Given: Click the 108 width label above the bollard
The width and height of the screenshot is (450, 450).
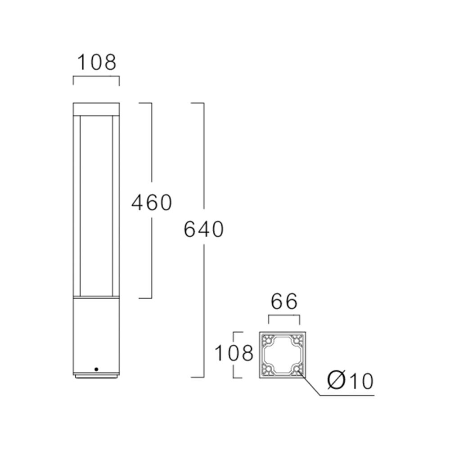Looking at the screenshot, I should pyautogui.click(x=96, y=63).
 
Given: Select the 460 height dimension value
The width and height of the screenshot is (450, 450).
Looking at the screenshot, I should pyautogui.click(x=151, y=203).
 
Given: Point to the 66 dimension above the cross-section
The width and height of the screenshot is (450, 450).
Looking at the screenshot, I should pyautogui.click(x=284, y=302).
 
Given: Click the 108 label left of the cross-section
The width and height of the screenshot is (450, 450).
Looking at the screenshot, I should pyautogui.click(x=233, y=354).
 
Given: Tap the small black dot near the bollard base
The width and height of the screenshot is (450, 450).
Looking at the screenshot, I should pyautogui.click(x=96, y=369).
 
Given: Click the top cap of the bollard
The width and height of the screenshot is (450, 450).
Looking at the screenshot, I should pyautogui.click(x=96, y=108).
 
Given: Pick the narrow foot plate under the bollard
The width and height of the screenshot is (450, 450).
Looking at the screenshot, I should pyautogui.click(x=96, y=375).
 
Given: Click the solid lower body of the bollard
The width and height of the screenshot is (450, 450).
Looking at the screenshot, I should pyautogui.click(x=96, y=333).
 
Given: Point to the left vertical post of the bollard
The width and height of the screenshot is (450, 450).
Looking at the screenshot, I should pyautogui.click(x=76, y=205).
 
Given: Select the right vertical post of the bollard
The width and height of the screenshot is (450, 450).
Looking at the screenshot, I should pyautogui.click(x=116, y=205).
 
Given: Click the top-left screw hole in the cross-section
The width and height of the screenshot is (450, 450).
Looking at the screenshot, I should pyautogui.click(x=269, y=341).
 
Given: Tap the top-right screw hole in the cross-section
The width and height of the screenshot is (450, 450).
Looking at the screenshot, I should pyautogui.click(x=296, y=341).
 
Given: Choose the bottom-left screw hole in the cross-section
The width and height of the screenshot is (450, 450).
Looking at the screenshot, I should pyautogui.click(x=269, y=369).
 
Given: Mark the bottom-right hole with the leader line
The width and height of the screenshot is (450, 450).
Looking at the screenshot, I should pyautogui.click(x=296, y=369).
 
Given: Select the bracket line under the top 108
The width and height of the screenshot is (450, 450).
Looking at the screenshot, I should pyautogui.click(x=96, y=77).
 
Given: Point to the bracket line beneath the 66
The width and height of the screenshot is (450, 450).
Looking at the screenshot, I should pyautogui.click(x=284, y=316).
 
